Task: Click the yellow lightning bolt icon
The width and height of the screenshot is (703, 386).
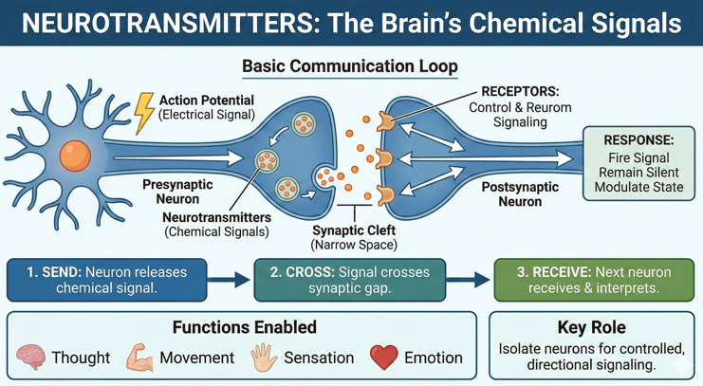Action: pyautogui.click(x=144, y=111)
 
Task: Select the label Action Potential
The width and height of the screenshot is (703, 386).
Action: pyautogui.click(x=206, y=101)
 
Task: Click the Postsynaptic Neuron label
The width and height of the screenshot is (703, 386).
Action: pyautogui.click(x=519, y=194)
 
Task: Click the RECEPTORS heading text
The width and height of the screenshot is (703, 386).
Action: pyautogui.click(x=521, y=92)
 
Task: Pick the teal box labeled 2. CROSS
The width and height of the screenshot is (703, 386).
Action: pyautogui.click(x=349, y=280)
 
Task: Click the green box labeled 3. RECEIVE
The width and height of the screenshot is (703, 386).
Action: pyautogui.click(x=587, y=280)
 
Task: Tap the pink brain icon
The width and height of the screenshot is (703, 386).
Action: pyautogui.click(x=32, y=358)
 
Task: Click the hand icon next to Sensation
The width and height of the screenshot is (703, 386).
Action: pyautogui.click(x=264, y=358)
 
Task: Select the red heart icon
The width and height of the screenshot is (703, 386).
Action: pyautogui.click(x=384, y=358)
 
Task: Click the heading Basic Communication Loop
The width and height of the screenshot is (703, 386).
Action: pyautogui.click(x=350, y=66)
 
